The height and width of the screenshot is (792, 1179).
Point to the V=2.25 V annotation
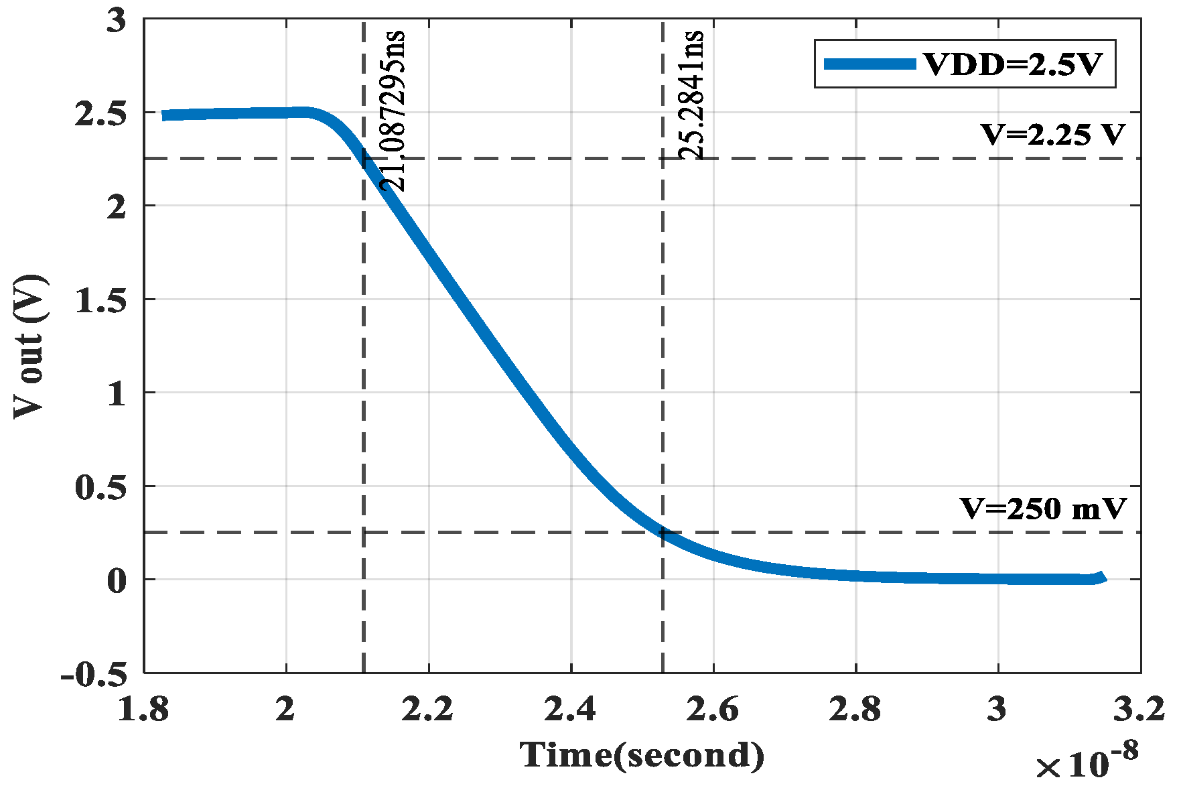coord(1052,135)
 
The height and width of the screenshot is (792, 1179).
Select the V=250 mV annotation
coord(1044,509)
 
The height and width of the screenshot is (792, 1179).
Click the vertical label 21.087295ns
coord(393,111)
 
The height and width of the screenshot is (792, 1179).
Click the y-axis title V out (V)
coord(29,346)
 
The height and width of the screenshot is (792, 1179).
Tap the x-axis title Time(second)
coord(642,755)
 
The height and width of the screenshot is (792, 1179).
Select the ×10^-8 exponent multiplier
coord(1086,763)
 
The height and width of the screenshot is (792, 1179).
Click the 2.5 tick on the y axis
coord(100,113)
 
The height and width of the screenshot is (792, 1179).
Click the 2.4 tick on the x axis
coord(570,710)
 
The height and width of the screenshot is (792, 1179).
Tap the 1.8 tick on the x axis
coord(143,710)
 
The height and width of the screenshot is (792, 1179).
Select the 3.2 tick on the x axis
coord(1139,710)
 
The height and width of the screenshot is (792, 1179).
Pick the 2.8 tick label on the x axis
coord(855,710)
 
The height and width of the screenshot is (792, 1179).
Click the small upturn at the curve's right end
coord(1101,576)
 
